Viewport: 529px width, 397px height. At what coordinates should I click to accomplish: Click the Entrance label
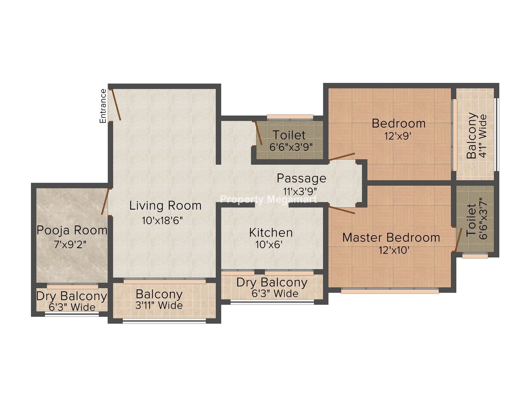(103, 106)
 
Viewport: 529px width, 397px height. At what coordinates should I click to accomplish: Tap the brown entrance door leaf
(115, 105)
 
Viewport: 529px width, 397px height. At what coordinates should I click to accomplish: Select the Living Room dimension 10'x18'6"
(163, 221)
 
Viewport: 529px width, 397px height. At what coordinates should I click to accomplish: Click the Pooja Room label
(72, 230)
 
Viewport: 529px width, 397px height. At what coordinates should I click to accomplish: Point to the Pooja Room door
(105, 202)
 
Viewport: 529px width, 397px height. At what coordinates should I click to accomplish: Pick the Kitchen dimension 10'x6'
(269, 245)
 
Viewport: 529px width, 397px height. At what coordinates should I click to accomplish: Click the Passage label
(301, 179)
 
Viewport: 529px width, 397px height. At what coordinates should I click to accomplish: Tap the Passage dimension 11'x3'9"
(300, 192)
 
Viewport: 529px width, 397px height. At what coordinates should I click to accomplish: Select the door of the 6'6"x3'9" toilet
(259, 133)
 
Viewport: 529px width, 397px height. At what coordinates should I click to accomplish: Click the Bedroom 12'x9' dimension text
(398, 137)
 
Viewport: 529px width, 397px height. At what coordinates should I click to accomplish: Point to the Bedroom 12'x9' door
(342, 157)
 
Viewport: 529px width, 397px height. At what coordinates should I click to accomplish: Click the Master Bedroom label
(391, 238)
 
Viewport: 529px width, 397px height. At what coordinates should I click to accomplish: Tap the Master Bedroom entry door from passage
(342, 210)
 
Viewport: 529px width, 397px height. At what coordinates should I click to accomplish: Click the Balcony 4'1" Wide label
(476, 136)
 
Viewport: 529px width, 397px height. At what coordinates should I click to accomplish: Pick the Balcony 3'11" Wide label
(159, 300)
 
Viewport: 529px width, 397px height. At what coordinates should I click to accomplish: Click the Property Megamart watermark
(269, 200)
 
